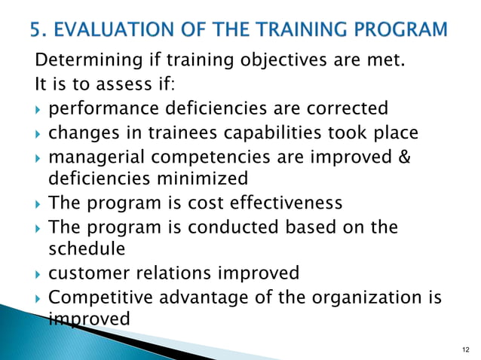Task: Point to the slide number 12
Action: coord(464,349)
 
